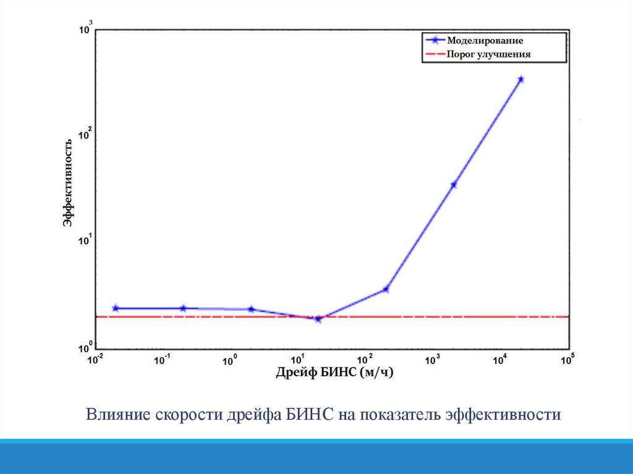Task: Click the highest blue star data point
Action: (x=521, y=79)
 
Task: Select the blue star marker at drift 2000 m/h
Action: (x=454, y=184)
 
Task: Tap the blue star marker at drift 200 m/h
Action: (x=386, y=289)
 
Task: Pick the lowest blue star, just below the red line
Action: (x=318, y=319)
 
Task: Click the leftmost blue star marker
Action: (x=115, y=308)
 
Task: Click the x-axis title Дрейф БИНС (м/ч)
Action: (x=334, y=372)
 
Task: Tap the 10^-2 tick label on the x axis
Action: (x=95, y=359)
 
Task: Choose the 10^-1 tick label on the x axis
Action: (x=163, y=359)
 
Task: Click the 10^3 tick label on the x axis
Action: (x=433, y=359)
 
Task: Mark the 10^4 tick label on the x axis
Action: (x=500, y=359)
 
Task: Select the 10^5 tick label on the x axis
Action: (x=567, y=358)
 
